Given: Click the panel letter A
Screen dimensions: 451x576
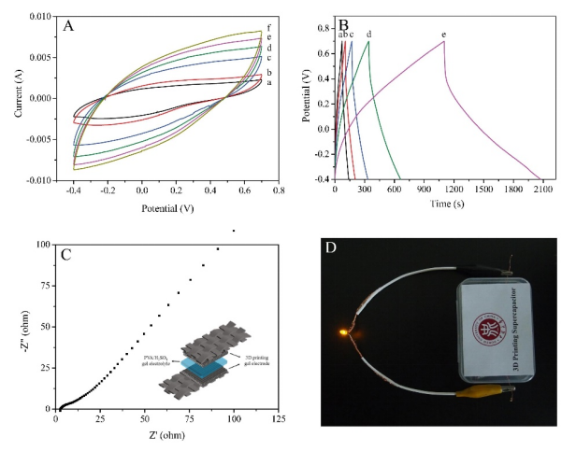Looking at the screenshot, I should (68, 26).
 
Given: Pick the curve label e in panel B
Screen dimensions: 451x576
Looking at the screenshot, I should (443, 35).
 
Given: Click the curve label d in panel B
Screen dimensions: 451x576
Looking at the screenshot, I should (369, 35).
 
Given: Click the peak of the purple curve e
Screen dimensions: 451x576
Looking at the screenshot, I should (443, 42).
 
